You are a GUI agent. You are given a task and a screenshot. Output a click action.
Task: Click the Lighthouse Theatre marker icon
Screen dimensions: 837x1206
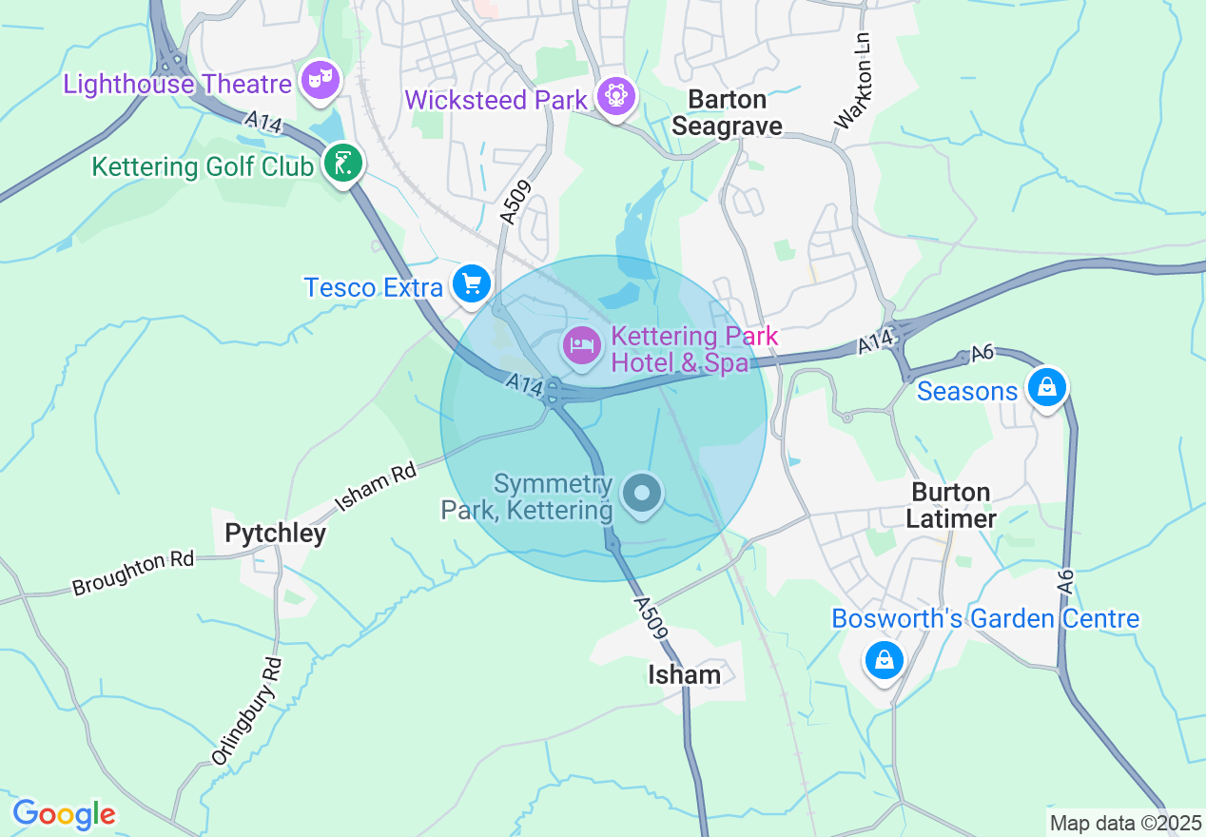(x=321, y=80)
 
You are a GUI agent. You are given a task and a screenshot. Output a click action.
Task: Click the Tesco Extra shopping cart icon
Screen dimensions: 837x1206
(x=471, y=283)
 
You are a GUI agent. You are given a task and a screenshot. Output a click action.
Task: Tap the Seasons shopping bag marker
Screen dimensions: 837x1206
(x=1046, y=387)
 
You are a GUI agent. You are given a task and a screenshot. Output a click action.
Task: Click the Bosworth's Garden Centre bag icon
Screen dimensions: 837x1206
(x=884, y=658)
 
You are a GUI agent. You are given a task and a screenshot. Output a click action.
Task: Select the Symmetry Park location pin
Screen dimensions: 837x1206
(x=642, y=494)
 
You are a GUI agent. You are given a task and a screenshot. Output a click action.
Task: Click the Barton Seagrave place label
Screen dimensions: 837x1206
(x=728, y=112)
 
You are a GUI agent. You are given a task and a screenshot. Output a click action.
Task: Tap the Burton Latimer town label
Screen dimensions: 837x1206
(x=950, y=505)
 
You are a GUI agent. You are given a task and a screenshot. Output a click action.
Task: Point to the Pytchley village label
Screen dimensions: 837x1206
(x=275, y=534)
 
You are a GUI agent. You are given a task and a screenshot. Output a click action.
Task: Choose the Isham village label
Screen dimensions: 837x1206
(x=684, y=674)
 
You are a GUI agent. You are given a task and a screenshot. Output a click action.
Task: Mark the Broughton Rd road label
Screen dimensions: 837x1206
(x=132, y=574)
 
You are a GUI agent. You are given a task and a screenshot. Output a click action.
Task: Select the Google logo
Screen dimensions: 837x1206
(x=64, y=814)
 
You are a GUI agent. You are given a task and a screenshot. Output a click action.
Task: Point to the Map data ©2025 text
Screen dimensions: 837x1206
(x=1124, y=823)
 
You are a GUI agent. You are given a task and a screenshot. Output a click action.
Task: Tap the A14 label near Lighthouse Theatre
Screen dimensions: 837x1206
(x=260, y=123)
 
